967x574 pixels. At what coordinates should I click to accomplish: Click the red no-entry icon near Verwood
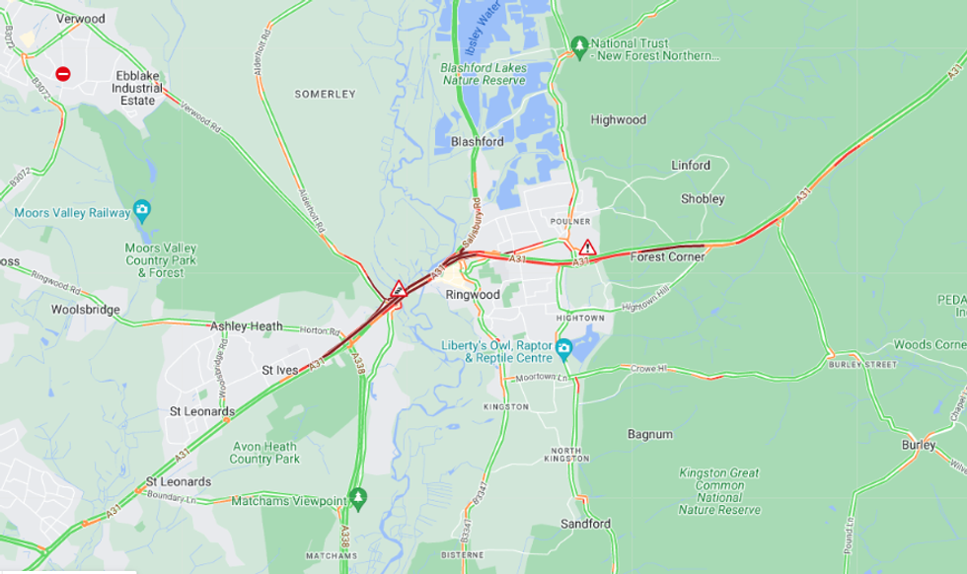click(x=63, y=74)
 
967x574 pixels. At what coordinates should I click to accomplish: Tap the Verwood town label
click(x=81, y=19)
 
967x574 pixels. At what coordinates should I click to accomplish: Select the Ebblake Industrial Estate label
click(x=138, y=88)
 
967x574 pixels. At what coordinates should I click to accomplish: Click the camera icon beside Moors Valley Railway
click(x=142, y=209)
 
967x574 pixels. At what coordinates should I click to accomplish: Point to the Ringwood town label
click(x=474, y=295)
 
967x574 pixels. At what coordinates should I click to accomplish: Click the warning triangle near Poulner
click(x=587, y=248)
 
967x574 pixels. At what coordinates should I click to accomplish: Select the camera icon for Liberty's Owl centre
click(x=563, y=347)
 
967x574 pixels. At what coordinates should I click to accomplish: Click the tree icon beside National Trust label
click(x=578, y=45)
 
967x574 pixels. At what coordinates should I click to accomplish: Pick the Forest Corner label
click(x=668, y=256)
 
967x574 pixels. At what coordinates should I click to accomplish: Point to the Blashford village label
click(x=478, y=142)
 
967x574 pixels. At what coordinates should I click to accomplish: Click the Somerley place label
click(x=325, y=94)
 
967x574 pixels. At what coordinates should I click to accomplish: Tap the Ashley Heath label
click(x=246, y=326)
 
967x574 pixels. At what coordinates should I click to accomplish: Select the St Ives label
click(x=279, y=371)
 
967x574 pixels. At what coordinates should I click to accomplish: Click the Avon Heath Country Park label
click(x=264, y=453)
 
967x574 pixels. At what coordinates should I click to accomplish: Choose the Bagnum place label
click(x=650, y=434)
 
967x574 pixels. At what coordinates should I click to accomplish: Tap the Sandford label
click(x=586, y=524)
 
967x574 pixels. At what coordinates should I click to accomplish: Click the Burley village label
click(x=918, y=445)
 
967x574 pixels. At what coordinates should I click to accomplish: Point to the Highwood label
click(x=619, y=120)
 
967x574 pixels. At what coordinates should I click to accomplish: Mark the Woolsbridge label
click(x=85, y=310)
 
